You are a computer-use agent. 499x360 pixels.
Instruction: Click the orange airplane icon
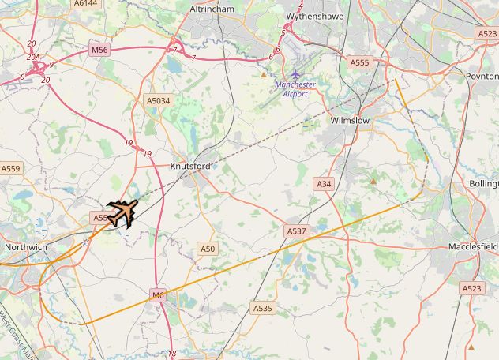[122, 212]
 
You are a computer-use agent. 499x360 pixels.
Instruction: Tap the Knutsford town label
[190, 166]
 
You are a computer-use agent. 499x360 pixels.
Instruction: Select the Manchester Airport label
[295, 88]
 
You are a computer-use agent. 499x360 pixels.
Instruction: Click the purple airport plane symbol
[295, 74]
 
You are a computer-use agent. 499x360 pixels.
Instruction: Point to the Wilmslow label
[349, 121]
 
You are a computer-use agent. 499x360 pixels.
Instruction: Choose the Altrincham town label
[212, 9]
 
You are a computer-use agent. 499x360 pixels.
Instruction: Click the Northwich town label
[26, 247]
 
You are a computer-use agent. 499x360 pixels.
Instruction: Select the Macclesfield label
[473, 247]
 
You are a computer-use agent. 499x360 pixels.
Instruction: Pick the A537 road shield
[295, 231]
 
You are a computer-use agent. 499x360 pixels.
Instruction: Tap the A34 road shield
[324, 183]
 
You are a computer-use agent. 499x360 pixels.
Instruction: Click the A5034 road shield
[159, 101]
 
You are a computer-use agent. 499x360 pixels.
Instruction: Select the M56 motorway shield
[99, 50]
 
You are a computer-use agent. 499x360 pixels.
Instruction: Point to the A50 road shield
[207, 249]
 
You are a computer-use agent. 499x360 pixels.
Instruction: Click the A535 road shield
[262, 307]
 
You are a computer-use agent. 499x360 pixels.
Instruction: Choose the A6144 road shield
[85, 3]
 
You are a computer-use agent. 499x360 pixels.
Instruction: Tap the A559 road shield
[10, 168]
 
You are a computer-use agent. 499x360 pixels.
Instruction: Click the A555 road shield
[359, 62]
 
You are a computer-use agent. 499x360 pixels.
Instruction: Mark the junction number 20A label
[32, 57]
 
